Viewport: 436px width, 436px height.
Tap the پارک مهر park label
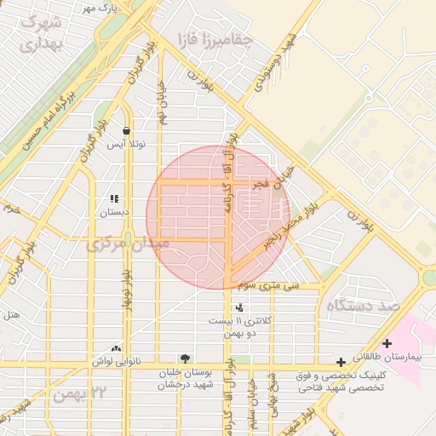(x=99, y=8)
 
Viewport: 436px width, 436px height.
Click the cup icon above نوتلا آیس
(x=126, y=130)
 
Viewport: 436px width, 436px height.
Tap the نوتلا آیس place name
(x=125, y=144)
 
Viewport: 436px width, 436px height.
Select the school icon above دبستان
(x=114, y=198)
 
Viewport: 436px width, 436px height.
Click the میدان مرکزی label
(x=128, y=244)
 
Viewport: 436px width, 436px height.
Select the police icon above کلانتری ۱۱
(x=238, y=307)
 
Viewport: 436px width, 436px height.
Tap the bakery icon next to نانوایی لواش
(x=116, y=348)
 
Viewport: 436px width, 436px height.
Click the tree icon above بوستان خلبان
(x=185, y=359)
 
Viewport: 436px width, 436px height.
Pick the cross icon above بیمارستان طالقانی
(x=387, y=344)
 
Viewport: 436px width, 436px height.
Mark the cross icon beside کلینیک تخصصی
(x=341, y=363)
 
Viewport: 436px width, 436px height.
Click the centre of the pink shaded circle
(x=218, y=218)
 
